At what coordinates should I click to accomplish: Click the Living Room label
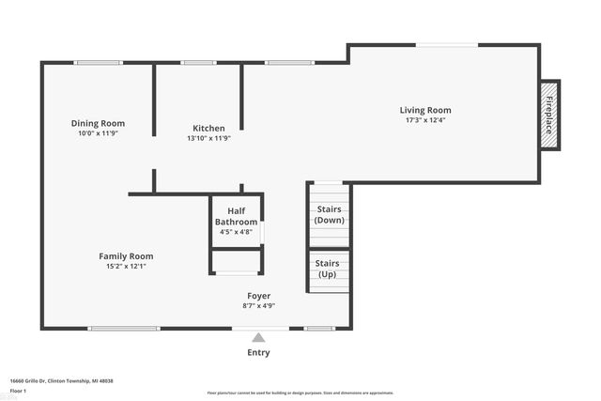pyautogui.click(x=425, y=110)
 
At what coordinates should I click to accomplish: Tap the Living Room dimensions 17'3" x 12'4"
pyautogui.click(x=425, y=120)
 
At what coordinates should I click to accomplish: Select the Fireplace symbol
pyautogui.click(x=550, y=114)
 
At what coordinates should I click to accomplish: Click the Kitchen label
pyautogui.click(x=208, y=129)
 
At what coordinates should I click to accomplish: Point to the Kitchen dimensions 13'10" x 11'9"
pyautogui.click(x=208, y=138)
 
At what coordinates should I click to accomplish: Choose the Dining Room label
pyautogui.click(x=99, y=123)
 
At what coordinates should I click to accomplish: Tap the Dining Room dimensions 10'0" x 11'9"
pyautogui.click(x=99, y=133)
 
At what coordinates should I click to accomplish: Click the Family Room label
pyautogui.click(x=126, y=256)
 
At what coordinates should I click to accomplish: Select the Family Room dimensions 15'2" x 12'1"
pyautogui.click(x=126, y=267)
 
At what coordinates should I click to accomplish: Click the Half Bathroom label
pyautogui.click(x=236, y=217)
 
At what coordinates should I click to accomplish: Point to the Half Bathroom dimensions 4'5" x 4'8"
pyautogui.click(x=236, y=232)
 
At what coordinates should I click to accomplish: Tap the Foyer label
pyautogui.click(x=258, y=296)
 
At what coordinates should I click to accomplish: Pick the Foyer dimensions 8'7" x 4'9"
pyautogui.click(x=258, y=305)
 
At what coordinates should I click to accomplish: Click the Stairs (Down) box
pyautogui.click(x=329, y=214)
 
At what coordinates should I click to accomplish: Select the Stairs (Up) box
pyautogui.click(x=329, y=270)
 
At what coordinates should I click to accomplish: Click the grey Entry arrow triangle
pyautogui.click(x=258, y=337)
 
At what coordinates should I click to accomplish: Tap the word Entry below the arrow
pyautogui.click(x=258, y=353)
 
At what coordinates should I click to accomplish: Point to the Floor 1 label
pyautogui.click(x=18, y=390)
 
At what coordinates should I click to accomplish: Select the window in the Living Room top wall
pyautogui.click(x=447, y=44)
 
